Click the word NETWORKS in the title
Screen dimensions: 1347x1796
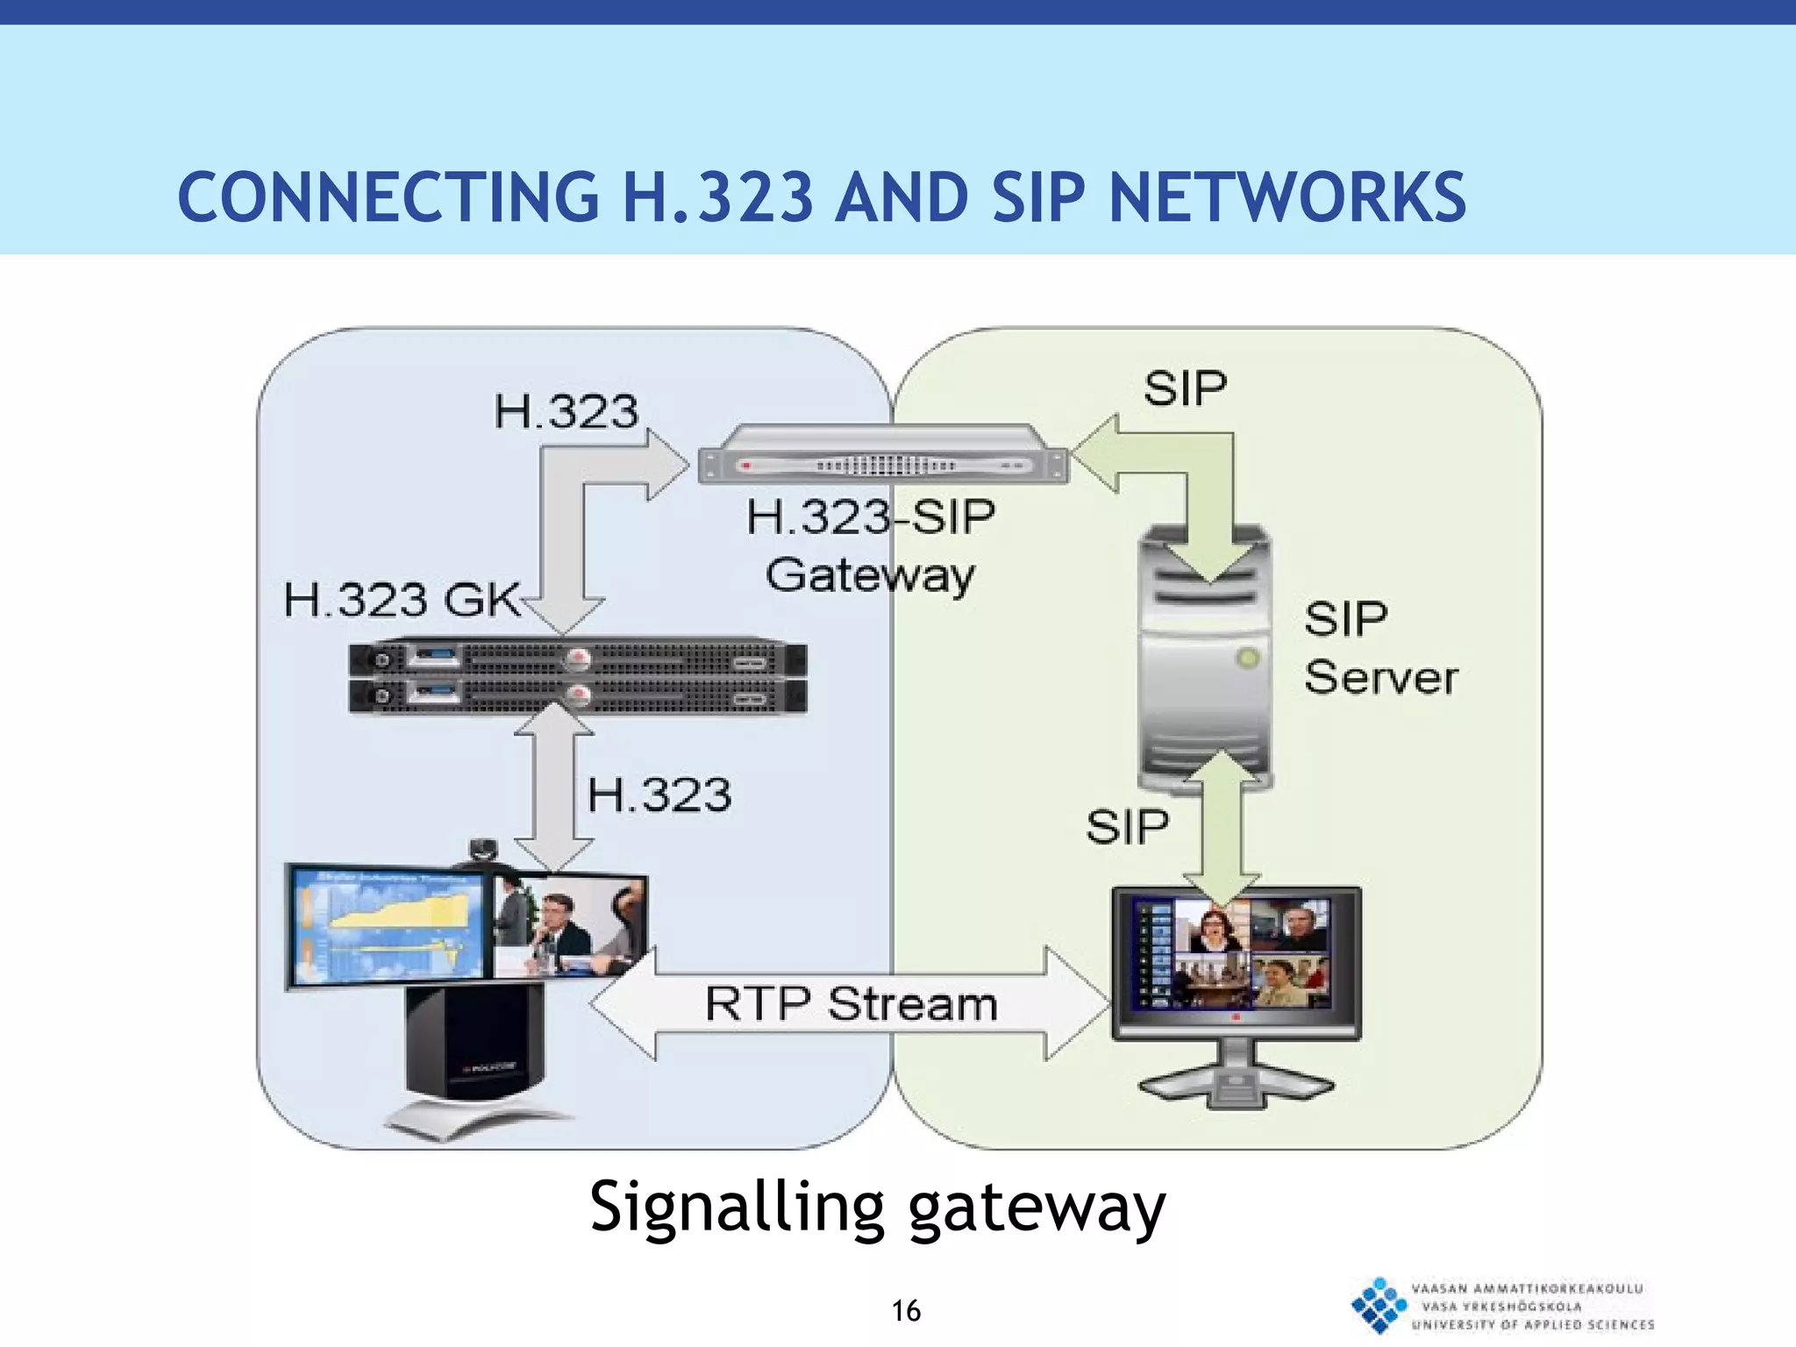[x=1286, y=197]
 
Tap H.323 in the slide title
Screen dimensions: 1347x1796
[x=717, y=197]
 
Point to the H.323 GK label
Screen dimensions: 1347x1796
[x=402, y=601]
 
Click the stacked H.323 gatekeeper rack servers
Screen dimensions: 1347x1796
[x=577, y=676]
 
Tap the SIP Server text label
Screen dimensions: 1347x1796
[x=1379, y=649]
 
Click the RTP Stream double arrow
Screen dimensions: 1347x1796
[x=851, y=1004]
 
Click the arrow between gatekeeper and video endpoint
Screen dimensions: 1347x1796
[x=554, y=789]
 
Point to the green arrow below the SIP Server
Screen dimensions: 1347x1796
[x=1221, y=824]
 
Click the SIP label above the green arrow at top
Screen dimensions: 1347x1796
[x=1184, y=388]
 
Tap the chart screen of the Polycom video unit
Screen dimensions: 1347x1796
[x=386, y=925]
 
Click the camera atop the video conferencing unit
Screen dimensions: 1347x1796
[x=482, y=849]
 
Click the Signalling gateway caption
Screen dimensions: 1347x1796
[x=877, y=1208]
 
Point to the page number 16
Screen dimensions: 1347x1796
[x=906, y=1311]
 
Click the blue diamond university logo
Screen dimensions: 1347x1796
[x=1379, y=1305]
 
